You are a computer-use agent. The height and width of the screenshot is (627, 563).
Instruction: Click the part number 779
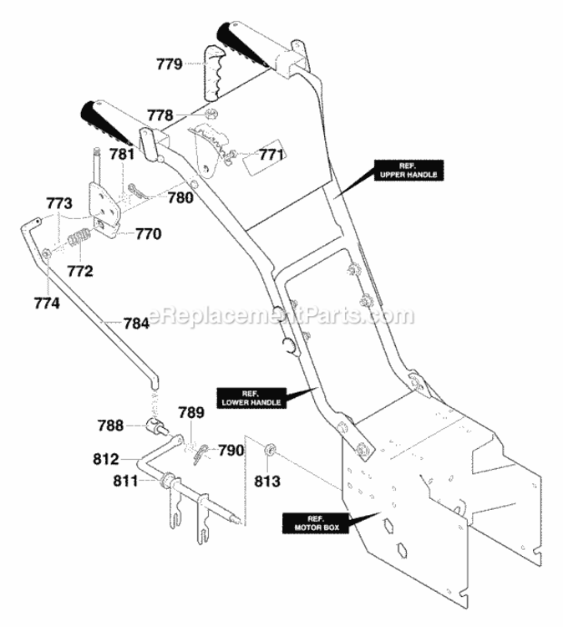pos(169,64)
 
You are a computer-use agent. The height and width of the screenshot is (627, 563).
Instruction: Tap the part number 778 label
pos(160,115)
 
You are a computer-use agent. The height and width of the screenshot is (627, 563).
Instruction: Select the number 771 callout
pos(271,155)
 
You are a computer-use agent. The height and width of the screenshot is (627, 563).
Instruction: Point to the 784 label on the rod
pos(136,323)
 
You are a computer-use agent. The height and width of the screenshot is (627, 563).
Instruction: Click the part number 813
pos(267,481)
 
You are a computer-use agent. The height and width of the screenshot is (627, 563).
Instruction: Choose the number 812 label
pos(106,459)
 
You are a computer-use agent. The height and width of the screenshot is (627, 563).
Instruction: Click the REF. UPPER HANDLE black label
pos(408,171)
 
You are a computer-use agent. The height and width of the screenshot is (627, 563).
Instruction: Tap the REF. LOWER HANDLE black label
pos(251,398)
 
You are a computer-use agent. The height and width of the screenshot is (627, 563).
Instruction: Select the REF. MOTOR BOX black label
pos(317,523)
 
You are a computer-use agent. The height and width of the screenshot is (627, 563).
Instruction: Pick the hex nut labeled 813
pos(270,448)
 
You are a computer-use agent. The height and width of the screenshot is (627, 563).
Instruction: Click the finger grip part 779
pos(213,74)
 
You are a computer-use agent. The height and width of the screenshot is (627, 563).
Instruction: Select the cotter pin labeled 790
pos(202,453)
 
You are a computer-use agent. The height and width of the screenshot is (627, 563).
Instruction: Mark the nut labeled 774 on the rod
pos(46,252)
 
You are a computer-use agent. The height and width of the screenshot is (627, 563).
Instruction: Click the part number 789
pos(191,412)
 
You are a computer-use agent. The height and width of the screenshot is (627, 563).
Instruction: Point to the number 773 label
pos(59,203)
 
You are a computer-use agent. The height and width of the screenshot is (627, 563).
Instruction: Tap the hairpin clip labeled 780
pos(139,191)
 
